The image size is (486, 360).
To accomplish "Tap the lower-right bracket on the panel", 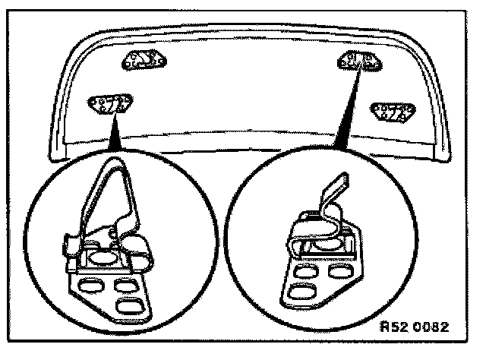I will (393, 112).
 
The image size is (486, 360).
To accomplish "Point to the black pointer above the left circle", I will (115, 137).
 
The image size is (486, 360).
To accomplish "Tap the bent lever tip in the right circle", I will (337, 184).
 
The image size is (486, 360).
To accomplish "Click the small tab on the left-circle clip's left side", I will (65, 245).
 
